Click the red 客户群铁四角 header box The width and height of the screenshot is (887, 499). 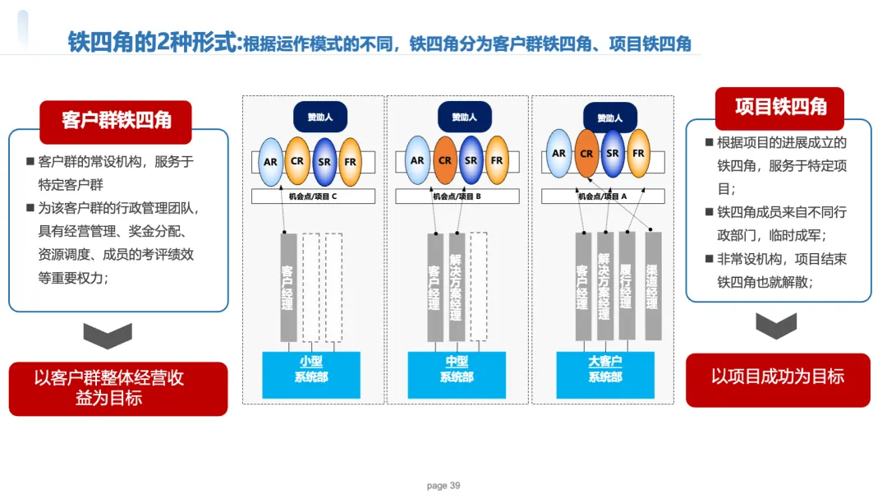pos(116,121)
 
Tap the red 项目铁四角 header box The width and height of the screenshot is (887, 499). pos(779,108)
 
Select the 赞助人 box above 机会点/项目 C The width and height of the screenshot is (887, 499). pos(320,118)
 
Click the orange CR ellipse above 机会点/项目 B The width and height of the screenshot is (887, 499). pos(445,160)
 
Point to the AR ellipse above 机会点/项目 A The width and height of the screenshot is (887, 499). pos(559,153)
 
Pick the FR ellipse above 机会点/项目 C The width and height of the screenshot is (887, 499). pos(350,162)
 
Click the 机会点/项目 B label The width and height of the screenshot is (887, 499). pos(457,196)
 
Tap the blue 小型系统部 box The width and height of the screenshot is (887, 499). pos(311,374)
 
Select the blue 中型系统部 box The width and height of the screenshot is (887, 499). pos(457,374)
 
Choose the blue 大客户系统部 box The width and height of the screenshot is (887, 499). pos(605,374)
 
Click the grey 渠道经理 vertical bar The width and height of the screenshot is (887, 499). pos(653,286)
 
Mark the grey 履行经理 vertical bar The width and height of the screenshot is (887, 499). pos(626,286)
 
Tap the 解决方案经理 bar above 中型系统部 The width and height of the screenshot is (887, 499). pos(456,287)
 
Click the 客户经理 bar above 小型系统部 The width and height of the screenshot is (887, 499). pos(288,287)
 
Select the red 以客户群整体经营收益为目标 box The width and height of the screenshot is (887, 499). pos(118,389)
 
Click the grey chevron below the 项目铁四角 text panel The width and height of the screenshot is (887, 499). pos(776,326)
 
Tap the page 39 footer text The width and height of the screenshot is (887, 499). pos(443,485)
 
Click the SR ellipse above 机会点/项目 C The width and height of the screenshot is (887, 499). pos(324,162)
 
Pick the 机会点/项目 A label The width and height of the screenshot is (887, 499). pos(603,196)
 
